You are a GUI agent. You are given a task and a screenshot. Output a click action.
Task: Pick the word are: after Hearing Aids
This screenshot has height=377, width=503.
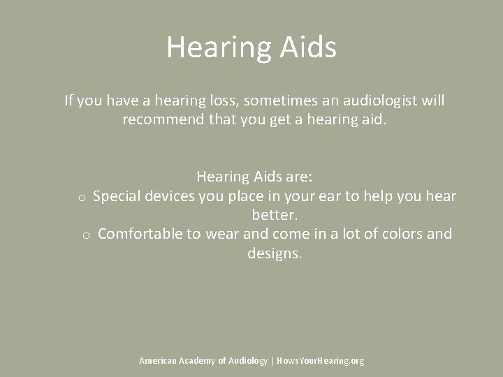click(x=306, y=177)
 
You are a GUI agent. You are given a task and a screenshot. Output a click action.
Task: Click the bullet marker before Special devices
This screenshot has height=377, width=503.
click(x=82, y=198)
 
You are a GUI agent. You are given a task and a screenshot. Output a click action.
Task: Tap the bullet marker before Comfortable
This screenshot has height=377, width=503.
click(x=85, y=235)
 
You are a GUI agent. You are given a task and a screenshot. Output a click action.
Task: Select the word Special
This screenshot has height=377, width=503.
click(x=118, y=196)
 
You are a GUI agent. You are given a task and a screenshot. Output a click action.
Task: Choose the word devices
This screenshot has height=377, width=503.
click(x=170, y=196)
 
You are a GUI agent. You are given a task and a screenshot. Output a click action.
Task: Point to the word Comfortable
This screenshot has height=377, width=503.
click(x=140, y=234)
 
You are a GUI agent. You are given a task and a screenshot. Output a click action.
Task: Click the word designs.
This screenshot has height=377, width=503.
click(x=275, y=253)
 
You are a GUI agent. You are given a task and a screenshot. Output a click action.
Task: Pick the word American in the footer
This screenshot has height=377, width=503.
click(x=157, y=361)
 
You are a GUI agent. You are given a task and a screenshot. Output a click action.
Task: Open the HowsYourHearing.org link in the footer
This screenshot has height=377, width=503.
click(x=321, y=361)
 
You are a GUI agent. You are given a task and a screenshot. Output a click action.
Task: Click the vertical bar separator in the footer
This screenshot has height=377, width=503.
click(x=272, y=361)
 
